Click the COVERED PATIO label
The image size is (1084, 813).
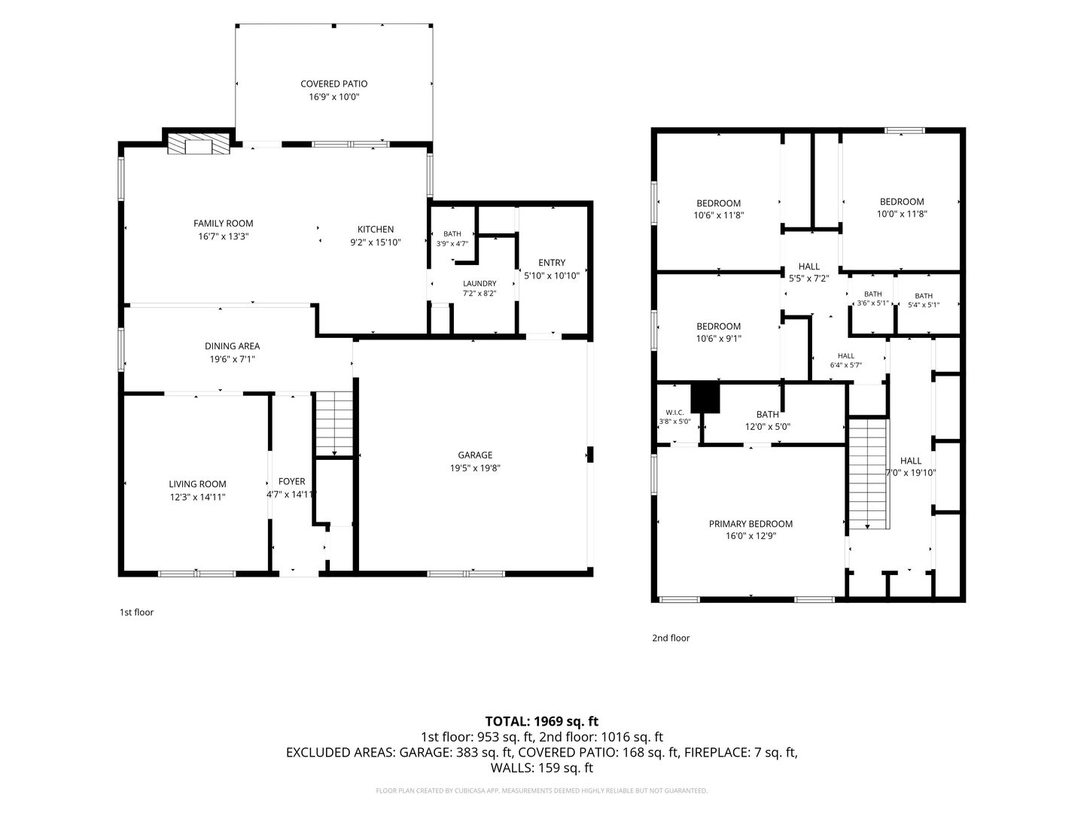point(333,84)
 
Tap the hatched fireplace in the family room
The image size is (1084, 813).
point(199,144)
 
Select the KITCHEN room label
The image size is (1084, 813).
point(376,230)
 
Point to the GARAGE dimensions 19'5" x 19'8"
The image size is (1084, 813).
point(474,468)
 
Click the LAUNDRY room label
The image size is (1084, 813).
point(480,283)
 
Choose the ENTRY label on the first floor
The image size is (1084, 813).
point(552,263)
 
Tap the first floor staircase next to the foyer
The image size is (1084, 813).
point(334,423)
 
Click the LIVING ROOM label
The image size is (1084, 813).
point(197,484)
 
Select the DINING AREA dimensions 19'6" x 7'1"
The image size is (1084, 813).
point(232,359)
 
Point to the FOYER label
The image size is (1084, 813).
point(291,481)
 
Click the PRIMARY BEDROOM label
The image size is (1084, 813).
point(751,524)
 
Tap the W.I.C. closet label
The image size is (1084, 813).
point(674,413)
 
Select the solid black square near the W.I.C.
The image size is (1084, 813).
point(705,397)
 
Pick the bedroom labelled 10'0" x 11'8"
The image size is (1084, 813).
point(902,208)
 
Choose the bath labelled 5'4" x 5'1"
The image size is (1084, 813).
point(924,300)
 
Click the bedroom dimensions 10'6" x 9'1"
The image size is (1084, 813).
point(719,339)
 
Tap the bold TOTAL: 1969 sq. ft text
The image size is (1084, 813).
point(542,722)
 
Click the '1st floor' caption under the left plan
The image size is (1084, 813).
point(136,612)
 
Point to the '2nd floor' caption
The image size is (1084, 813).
point(671,638)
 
